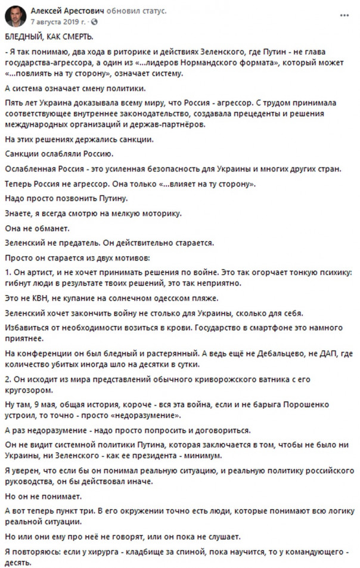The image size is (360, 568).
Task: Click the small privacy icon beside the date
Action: point(94,21)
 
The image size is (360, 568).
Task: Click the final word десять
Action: point(17,563)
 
